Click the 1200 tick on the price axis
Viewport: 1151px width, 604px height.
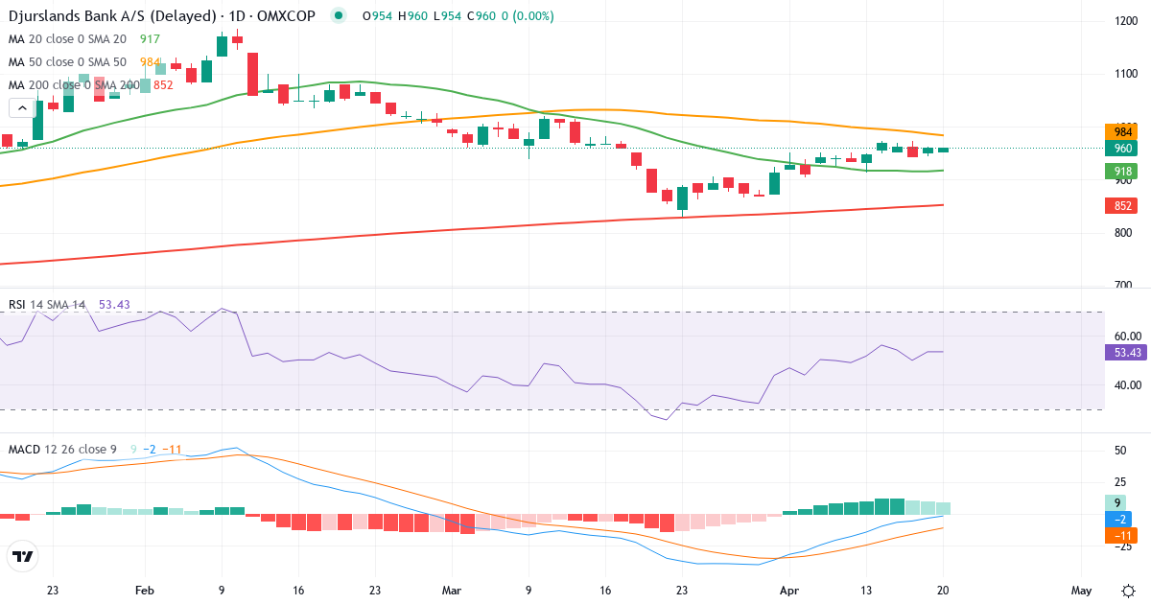[1126, 21]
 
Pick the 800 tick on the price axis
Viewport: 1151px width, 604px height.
[1123, 233]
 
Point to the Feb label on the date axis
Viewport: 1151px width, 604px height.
[144, 590]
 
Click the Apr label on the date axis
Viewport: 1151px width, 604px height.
[788, 590]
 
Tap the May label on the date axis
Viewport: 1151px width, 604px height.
[1081, 590]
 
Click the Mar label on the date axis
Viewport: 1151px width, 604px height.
[451, 590]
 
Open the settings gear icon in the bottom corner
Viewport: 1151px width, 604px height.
[1128, 590]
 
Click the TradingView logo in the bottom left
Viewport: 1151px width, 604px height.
[22, 555]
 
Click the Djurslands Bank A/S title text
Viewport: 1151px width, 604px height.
[86, 16]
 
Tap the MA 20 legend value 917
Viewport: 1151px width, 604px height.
[150, 39]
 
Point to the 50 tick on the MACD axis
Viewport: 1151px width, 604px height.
[1119, 451]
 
